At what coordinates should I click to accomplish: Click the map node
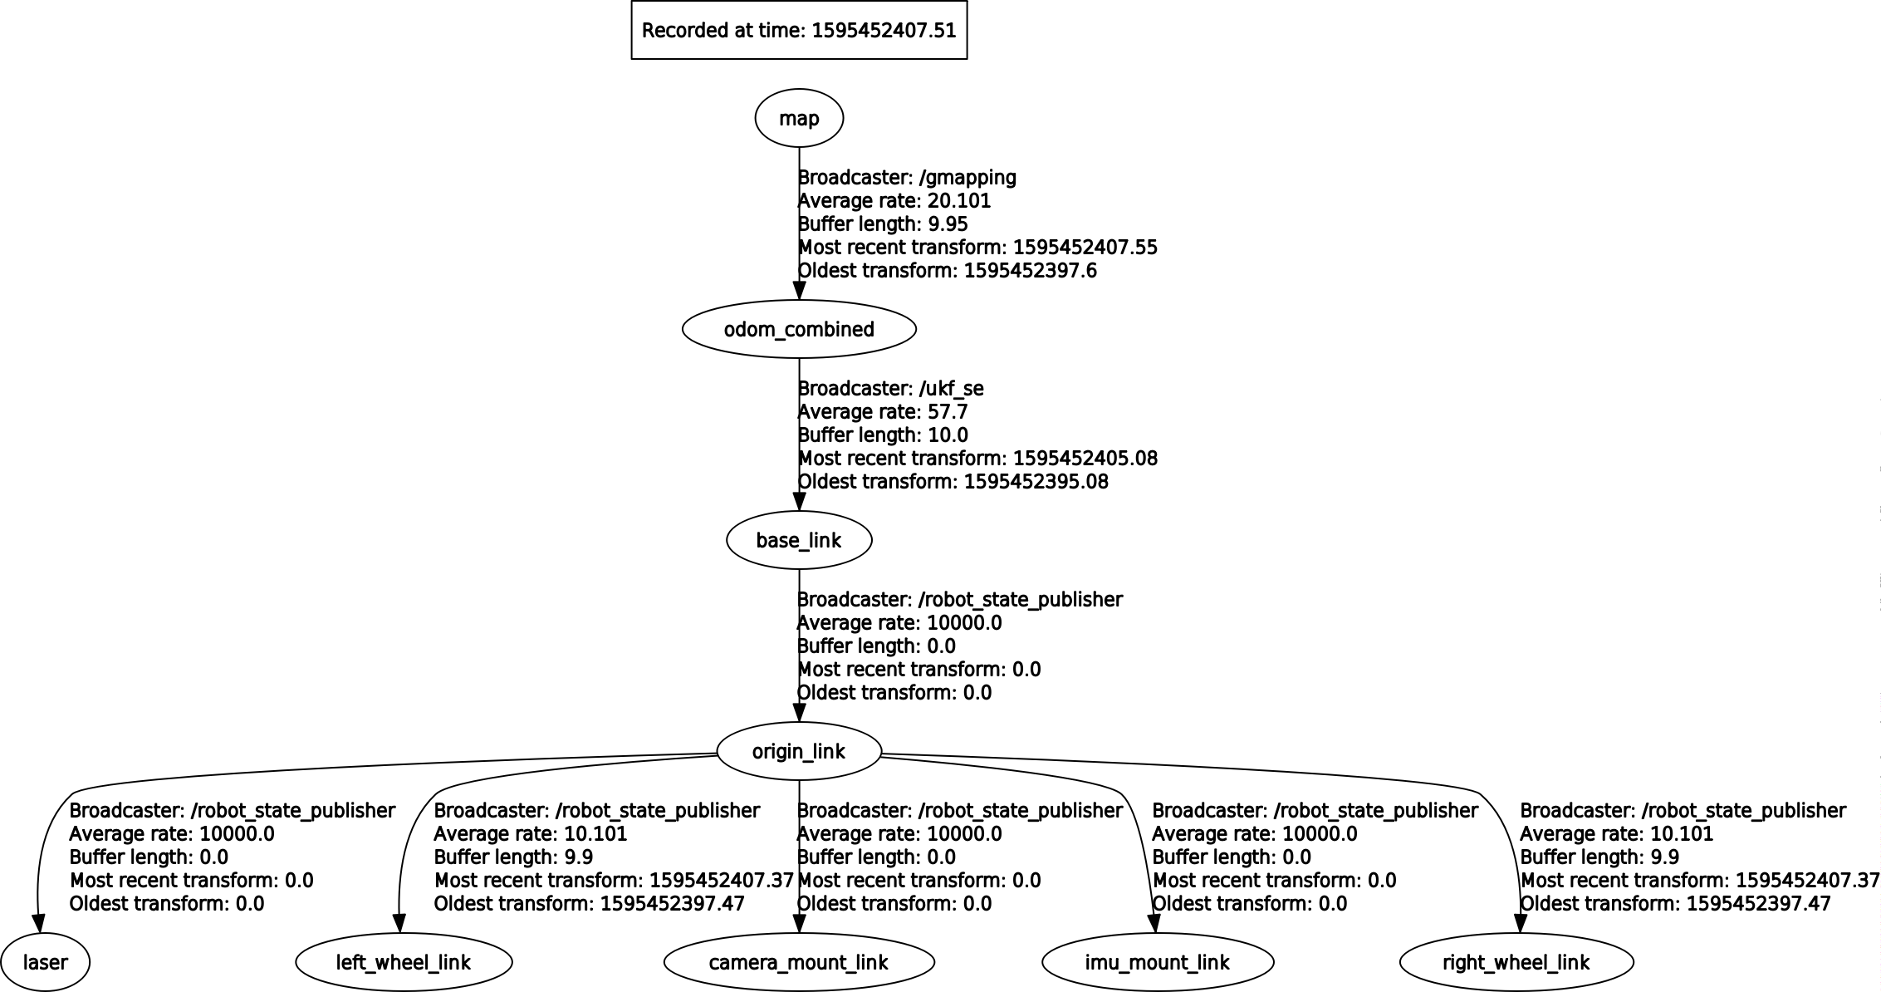coord(799,118)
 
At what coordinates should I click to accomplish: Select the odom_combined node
coord(799,329)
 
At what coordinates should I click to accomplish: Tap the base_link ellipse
coord(799,540)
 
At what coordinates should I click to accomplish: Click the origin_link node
coord(799,751)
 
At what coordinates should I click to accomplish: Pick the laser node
coord(45,962)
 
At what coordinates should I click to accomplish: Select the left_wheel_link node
coord(404,962)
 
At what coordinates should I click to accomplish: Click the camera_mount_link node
coord(799,962)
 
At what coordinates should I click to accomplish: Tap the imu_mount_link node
coord(1158,962)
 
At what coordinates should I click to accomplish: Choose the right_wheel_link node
coord(1516,962)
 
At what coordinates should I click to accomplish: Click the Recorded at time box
coord(799,31)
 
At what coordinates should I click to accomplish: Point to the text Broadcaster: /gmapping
coord(907,177)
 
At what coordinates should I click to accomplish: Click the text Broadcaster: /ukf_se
coord(890,388)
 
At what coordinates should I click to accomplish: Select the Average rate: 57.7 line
coord(882,411)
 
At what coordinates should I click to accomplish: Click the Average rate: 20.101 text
coord(894,200)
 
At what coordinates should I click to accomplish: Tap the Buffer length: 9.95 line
coord(883,223)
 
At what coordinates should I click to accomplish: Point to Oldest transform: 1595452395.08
coord(953,481)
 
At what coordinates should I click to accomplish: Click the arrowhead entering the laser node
coord(37,923)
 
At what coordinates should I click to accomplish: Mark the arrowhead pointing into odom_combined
coord(799,290)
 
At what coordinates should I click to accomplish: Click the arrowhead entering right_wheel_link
coord(1520,923)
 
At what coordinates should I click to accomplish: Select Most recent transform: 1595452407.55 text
coord(977,247)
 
